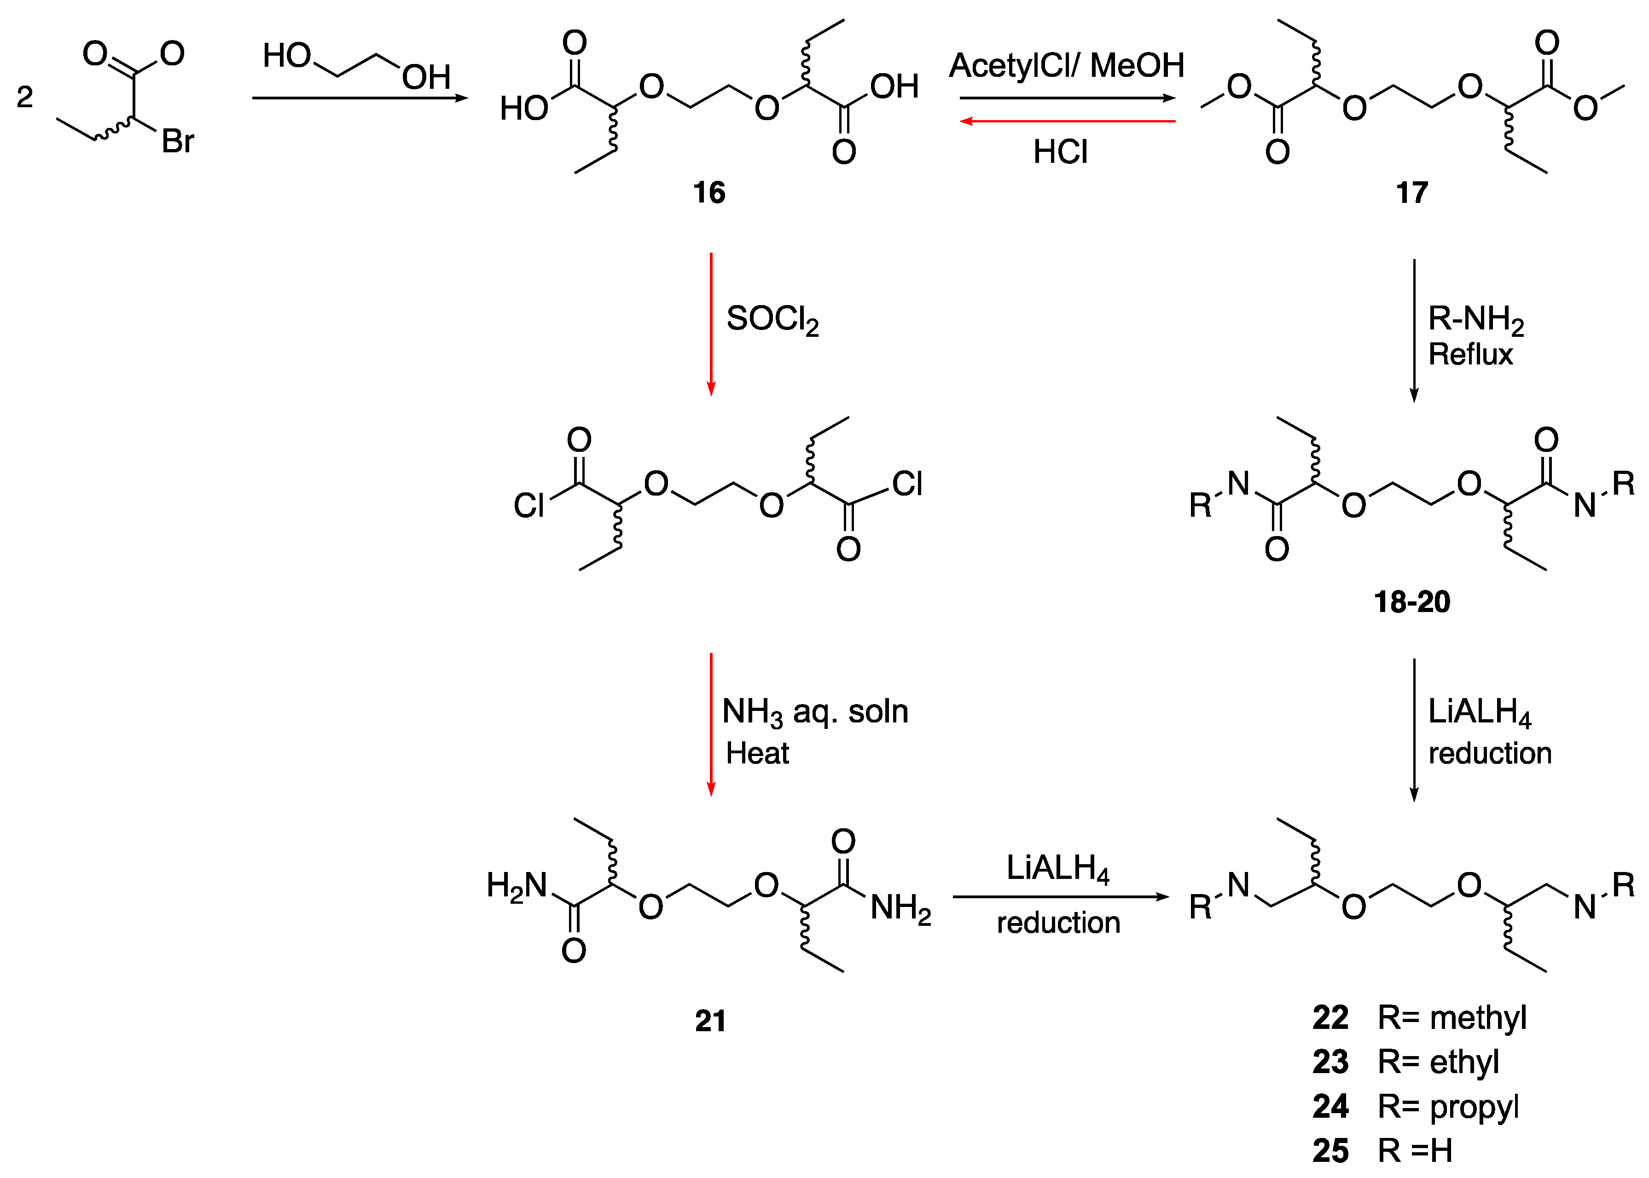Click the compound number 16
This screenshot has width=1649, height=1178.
coord(709,193)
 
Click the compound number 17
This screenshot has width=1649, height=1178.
coord(1412,193)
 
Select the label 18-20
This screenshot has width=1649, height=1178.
coord(1412,602)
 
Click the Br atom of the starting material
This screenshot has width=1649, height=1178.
coord(177,141)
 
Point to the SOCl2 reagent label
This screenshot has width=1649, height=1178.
coord(772,319)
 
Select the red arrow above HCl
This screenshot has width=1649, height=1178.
coord(1067,121)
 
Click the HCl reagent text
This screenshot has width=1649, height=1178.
coord(1060,152)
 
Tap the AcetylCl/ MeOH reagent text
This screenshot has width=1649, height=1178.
coord(1067,65)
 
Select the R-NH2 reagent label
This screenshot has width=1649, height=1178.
coord(1475,319)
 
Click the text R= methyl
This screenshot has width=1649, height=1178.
coord(1452,1018)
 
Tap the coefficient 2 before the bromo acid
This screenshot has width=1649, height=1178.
coord(25,97)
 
